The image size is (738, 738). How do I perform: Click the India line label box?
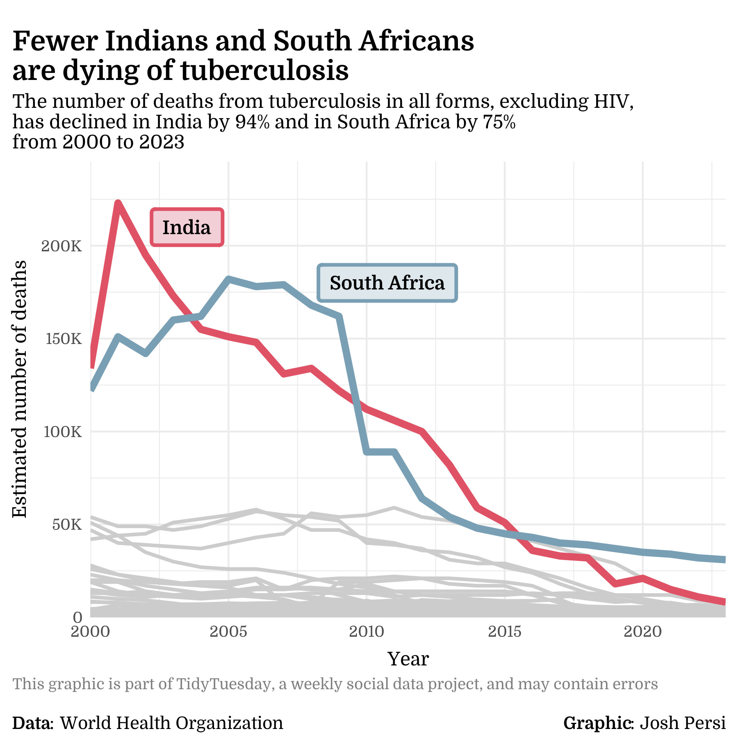187,228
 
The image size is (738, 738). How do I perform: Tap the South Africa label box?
387,283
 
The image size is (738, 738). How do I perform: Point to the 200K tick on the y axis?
62,246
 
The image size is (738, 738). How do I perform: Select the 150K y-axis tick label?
62,339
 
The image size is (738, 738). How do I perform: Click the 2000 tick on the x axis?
91,632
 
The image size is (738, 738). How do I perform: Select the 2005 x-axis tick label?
228,632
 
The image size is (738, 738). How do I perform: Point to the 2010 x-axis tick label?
367,632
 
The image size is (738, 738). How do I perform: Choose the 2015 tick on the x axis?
505,632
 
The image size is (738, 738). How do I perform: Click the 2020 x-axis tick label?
642,632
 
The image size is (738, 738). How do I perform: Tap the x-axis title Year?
408,659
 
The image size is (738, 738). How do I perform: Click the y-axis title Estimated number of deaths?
19,389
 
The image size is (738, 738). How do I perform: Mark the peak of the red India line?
118,203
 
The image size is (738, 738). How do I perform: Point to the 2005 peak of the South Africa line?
228,280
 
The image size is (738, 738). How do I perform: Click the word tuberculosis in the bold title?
264,71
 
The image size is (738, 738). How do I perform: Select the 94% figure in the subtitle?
252,122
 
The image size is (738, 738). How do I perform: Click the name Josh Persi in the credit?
683,723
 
